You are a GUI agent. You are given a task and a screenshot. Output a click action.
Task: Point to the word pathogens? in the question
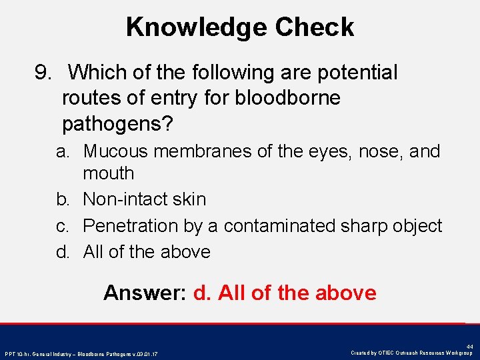tap(117, 124)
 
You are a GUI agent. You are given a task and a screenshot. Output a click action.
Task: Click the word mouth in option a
tap(109, 173)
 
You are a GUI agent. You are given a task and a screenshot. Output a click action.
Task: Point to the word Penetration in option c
tap(131, 226)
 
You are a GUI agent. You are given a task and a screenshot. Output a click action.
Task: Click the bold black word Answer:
tap(145, 293)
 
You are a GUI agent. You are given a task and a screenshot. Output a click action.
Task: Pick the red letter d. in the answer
tap(201, 293)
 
